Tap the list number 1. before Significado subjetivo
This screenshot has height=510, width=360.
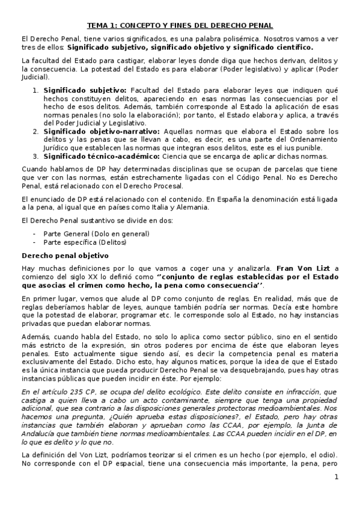35,90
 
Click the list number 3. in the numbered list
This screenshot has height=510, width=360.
35,155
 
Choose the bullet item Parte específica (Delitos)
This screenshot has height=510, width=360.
85,242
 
